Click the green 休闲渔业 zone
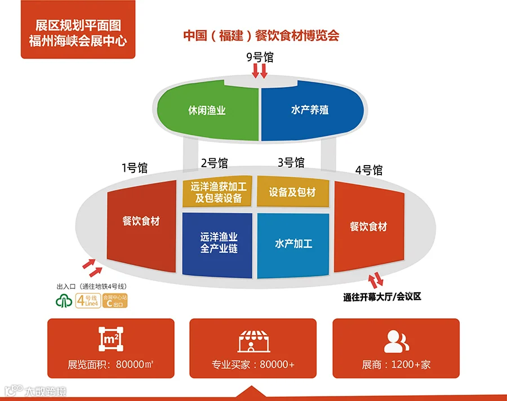click(207, 110)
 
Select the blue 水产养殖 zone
click(310, 110)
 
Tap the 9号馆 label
click(259, 57)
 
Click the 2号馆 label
click(214, 163)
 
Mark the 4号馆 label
click(369, 170)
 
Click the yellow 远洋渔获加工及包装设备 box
click(216, 192)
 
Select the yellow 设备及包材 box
click(292, 192)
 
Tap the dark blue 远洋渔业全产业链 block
click(217, 244)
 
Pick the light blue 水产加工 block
click(293, 244)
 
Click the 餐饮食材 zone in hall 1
click(141, 221)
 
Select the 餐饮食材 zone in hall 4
click(368, 226)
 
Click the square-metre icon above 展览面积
click(111, 340)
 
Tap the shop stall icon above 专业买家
click(253, 341)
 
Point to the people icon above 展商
click(396, 340)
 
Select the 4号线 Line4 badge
click(88, 300)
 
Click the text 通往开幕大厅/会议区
click(382, 297)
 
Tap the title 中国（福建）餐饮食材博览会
click(261, 35)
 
